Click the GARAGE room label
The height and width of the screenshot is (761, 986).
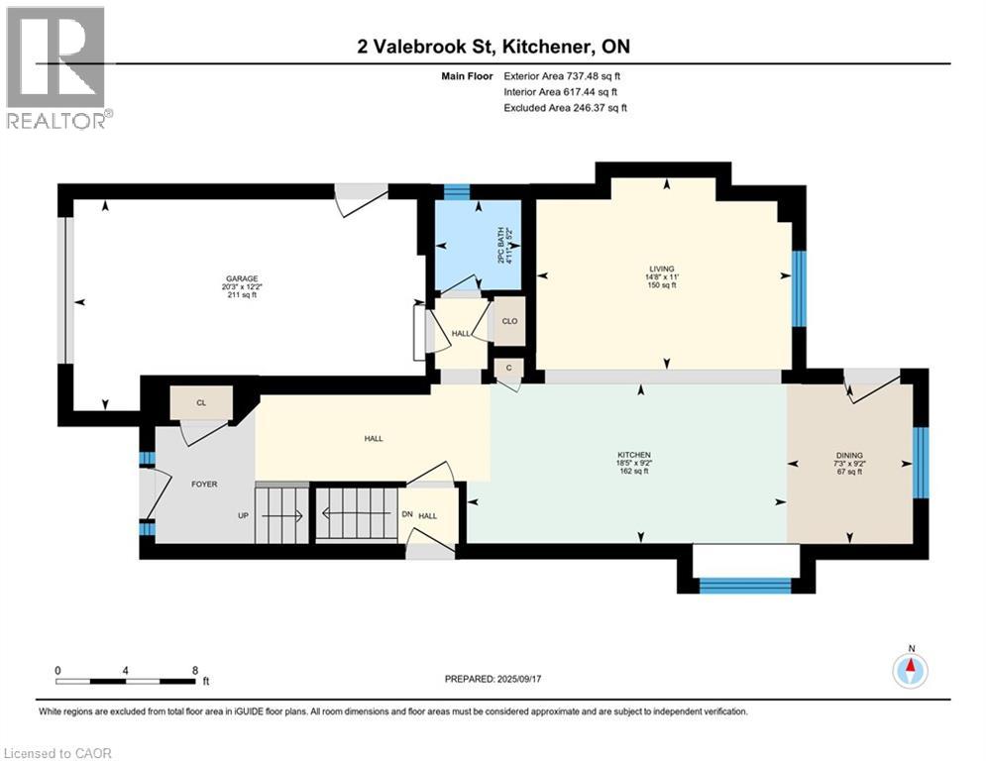click(x=234, y=278)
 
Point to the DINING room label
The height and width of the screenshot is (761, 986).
click(x=849, y=456)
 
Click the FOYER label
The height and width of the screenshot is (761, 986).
click(x=203, y=484)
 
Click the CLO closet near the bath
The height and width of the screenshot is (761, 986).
click(x=509, y=321)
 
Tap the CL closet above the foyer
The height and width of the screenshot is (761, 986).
click(x=200, y=402)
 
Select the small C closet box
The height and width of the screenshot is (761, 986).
click(x=507, y=369)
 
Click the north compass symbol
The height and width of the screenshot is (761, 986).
click(x=910, y=670)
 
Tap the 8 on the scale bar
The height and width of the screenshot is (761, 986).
click(x=194, y=670)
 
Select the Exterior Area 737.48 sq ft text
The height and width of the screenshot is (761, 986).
click(x=563, y=75)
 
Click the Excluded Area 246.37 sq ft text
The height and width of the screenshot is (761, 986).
click(x=565, y=107)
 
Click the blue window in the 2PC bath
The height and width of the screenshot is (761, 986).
click(x=456, y=192)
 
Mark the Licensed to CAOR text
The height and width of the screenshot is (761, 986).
click(x=57, y=753)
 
